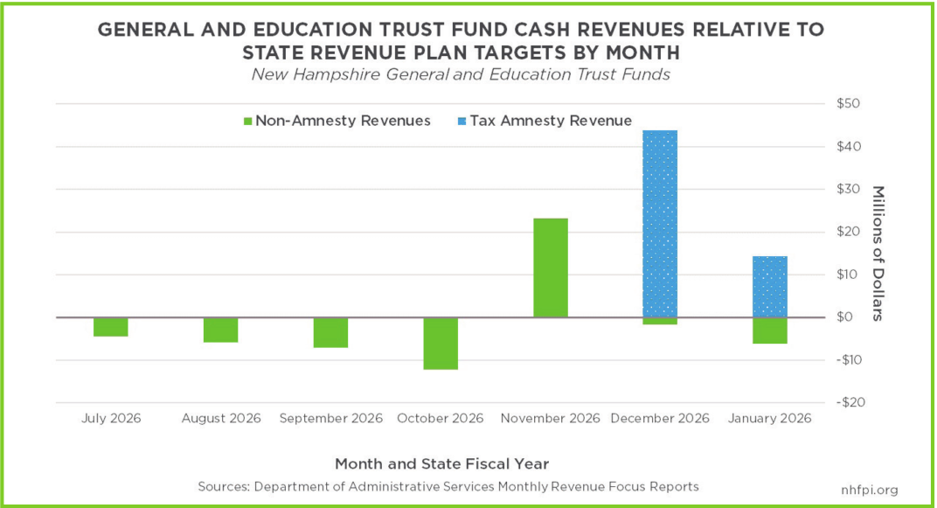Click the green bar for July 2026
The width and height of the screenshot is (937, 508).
coord(111,327)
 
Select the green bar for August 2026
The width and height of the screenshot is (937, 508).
coord(221,330)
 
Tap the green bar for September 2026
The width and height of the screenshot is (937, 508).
coord(331,332)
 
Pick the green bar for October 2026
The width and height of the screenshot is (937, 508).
coord(441,343)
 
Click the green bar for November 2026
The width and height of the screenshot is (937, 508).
coord(551,268)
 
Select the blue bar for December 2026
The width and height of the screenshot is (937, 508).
coord(660,224)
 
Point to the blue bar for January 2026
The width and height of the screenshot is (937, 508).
coord(770,287)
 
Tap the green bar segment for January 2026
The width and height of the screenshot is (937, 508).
coord(770,331)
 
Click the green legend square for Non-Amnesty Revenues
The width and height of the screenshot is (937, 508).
coord(247,122)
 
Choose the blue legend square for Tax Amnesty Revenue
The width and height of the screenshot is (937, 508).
coord(462,122)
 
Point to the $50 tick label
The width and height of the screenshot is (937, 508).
coord(847,103)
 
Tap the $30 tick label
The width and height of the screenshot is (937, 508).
coord(847,189)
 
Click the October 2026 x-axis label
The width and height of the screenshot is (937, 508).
coord(440,419)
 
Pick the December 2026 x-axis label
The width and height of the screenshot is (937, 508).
coord(661,419)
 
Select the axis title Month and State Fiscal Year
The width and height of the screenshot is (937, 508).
coord(441,463)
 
